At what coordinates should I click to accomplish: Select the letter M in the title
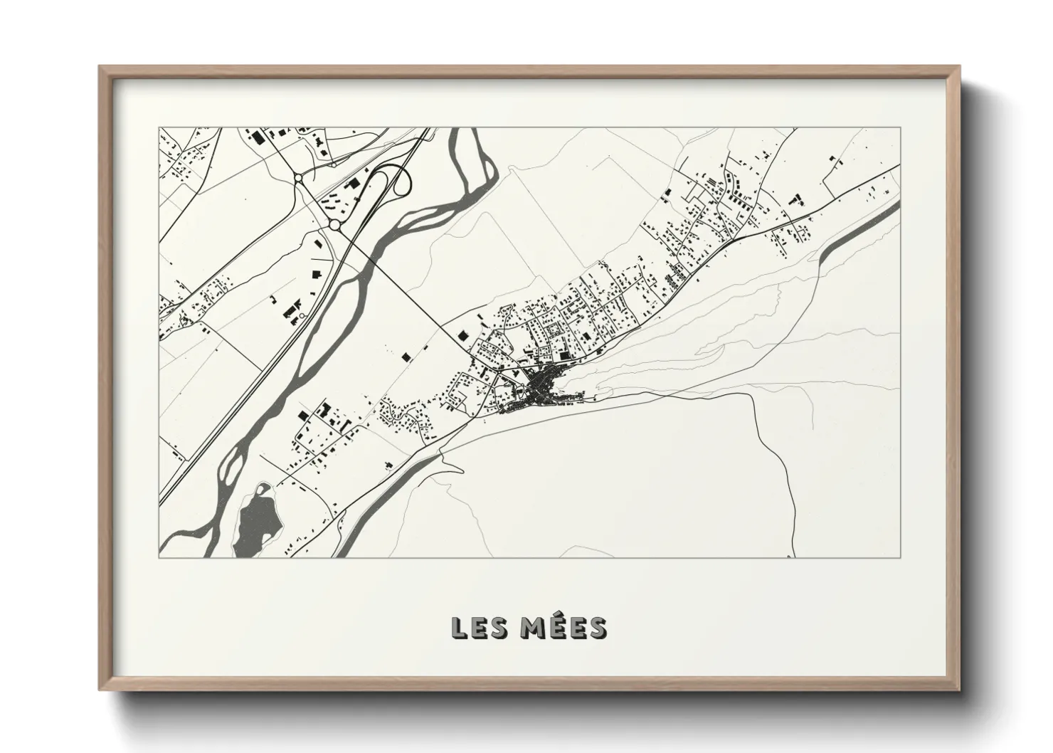point(527,628)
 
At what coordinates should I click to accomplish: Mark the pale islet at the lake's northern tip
point(263,490)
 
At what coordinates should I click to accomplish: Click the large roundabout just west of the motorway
point(334,225)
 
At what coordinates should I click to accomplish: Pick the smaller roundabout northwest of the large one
point(299,177)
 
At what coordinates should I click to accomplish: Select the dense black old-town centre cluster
point(542,389)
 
